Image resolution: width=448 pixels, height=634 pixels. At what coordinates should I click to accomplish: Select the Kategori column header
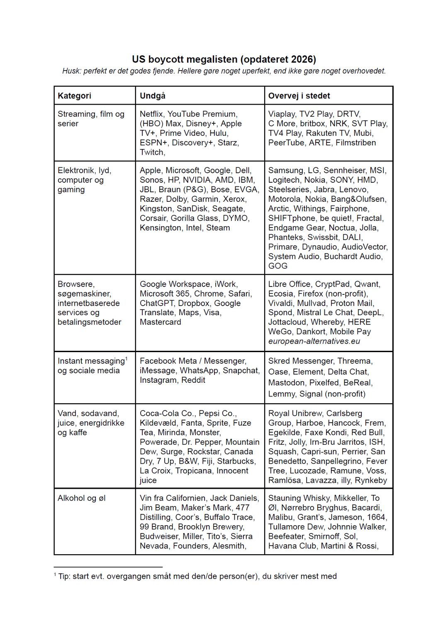pos(74,96)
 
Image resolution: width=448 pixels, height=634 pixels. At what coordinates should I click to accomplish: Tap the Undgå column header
pos(152,96)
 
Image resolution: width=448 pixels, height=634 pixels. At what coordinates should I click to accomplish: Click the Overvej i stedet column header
pos(299,96)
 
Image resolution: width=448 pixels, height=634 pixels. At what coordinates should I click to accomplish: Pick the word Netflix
pos(151,114)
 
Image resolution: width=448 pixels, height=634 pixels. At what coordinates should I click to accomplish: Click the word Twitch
pos(151,152)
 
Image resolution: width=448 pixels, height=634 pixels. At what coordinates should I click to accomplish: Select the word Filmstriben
pos(355,143)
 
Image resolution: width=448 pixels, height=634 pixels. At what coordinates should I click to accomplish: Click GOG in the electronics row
pos(278,266)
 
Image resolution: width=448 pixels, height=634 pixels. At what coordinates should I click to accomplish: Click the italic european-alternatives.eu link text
pos(314,341)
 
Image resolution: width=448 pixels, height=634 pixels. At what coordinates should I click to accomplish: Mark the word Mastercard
pos(160,322)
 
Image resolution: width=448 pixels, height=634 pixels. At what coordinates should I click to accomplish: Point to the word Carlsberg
pos(344,414)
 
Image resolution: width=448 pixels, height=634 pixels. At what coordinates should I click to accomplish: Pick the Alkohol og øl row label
pos(81,498)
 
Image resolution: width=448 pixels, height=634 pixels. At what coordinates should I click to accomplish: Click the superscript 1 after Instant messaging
pos(127,359)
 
